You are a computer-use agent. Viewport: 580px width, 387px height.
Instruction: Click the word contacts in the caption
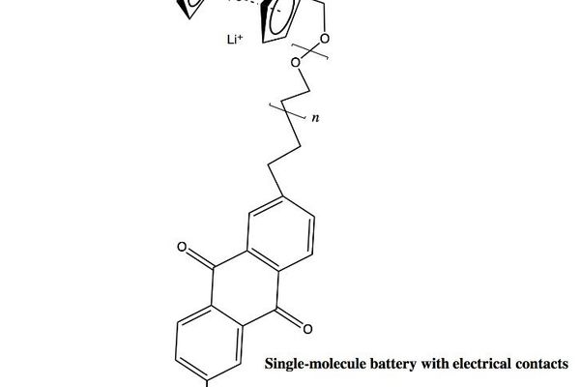click(x=540, y=366)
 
